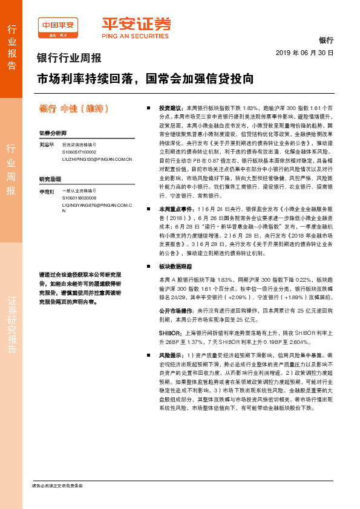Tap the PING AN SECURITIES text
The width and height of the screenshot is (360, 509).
[135, 36]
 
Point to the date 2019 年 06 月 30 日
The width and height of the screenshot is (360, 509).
[304, 53]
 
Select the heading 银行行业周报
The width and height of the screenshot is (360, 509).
[69, 59]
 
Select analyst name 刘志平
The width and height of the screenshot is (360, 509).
[47, 145]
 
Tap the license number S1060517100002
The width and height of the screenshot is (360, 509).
[79, 152]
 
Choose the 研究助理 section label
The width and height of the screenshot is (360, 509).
[50, 180]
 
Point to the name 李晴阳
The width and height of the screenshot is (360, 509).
[47, 192]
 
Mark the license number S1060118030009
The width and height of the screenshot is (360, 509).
[79, 198]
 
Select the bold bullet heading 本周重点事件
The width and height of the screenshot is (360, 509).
[174, 208]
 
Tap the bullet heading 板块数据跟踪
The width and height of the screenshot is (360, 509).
[175, 266]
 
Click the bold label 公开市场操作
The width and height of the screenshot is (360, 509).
[175, 308]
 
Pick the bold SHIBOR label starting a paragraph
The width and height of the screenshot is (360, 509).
[169, 332]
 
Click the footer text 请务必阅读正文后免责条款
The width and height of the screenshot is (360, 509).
[57, 486]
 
